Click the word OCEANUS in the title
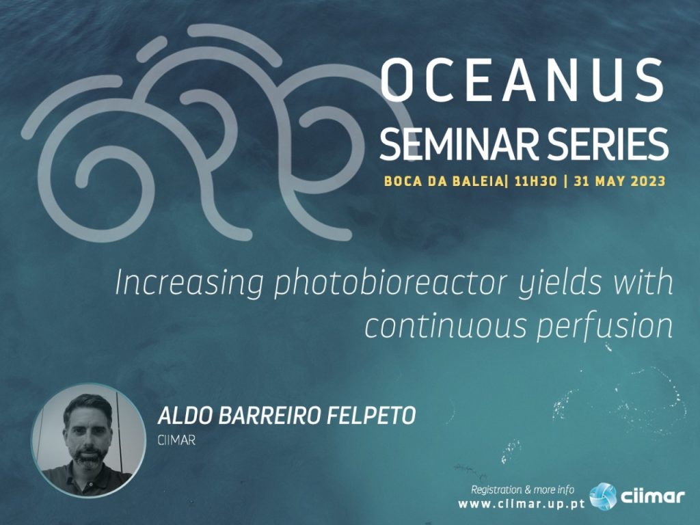click(523, 80)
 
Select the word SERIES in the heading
click(600, 144)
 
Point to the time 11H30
click(536, 181)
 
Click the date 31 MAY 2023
click(619, 181)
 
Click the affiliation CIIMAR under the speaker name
click(176, 440)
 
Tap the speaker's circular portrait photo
click(88, 440)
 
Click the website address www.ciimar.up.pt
click(522, 504)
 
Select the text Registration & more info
click(523, 490)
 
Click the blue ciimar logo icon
click(603, 496)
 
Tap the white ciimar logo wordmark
click(652, 497)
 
